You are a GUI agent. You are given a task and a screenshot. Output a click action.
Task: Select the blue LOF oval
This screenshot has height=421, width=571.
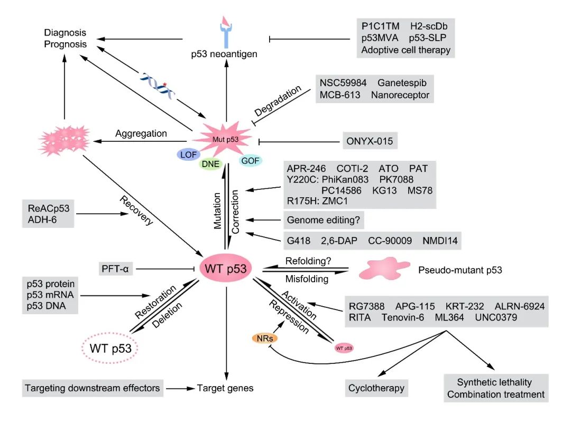click(x=186, y=154)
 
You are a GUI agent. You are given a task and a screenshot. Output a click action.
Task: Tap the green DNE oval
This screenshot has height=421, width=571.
click(x=210, y=164)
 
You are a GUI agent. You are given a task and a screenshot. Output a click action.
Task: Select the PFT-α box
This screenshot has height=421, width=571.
click(x=115, y=268)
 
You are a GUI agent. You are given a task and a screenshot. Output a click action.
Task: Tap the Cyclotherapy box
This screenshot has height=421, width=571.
click(x=376, y=388)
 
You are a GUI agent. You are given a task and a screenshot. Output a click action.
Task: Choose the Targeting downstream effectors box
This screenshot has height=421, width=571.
click(x=92, y=388)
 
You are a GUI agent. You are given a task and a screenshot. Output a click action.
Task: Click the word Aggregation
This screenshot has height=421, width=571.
click(x=141, y=134)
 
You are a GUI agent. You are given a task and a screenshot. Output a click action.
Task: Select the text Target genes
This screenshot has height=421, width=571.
click(x=225, y=388)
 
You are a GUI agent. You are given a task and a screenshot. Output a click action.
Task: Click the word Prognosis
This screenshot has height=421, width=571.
click(x=65, y=44)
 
